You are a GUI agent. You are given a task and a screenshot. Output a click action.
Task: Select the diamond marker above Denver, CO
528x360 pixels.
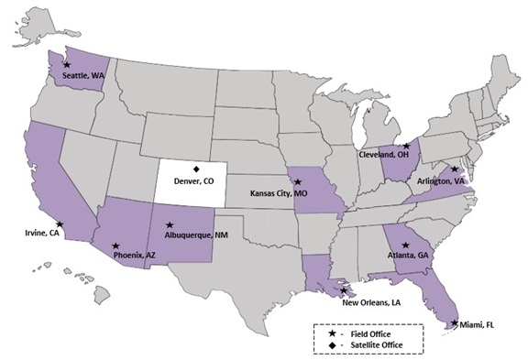click(195, 168)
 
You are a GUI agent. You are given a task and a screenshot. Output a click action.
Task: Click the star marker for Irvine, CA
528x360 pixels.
click(60, 224)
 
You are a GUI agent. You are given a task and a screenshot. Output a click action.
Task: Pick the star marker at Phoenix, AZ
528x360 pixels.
click(115, 245)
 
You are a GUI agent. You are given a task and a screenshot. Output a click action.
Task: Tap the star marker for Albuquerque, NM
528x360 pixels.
click(170, 224)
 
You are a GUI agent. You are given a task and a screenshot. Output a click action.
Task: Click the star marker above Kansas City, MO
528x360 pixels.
click(297, 182)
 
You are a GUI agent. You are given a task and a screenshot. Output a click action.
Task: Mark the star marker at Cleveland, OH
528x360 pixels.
click(406, 147)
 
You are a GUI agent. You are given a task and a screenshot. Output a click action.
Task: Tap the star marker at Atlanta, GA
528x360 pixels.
click(405, 245)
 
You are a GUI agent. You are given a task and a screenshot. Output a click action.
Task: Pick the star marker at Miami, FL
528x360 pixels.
click(455, 322)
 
